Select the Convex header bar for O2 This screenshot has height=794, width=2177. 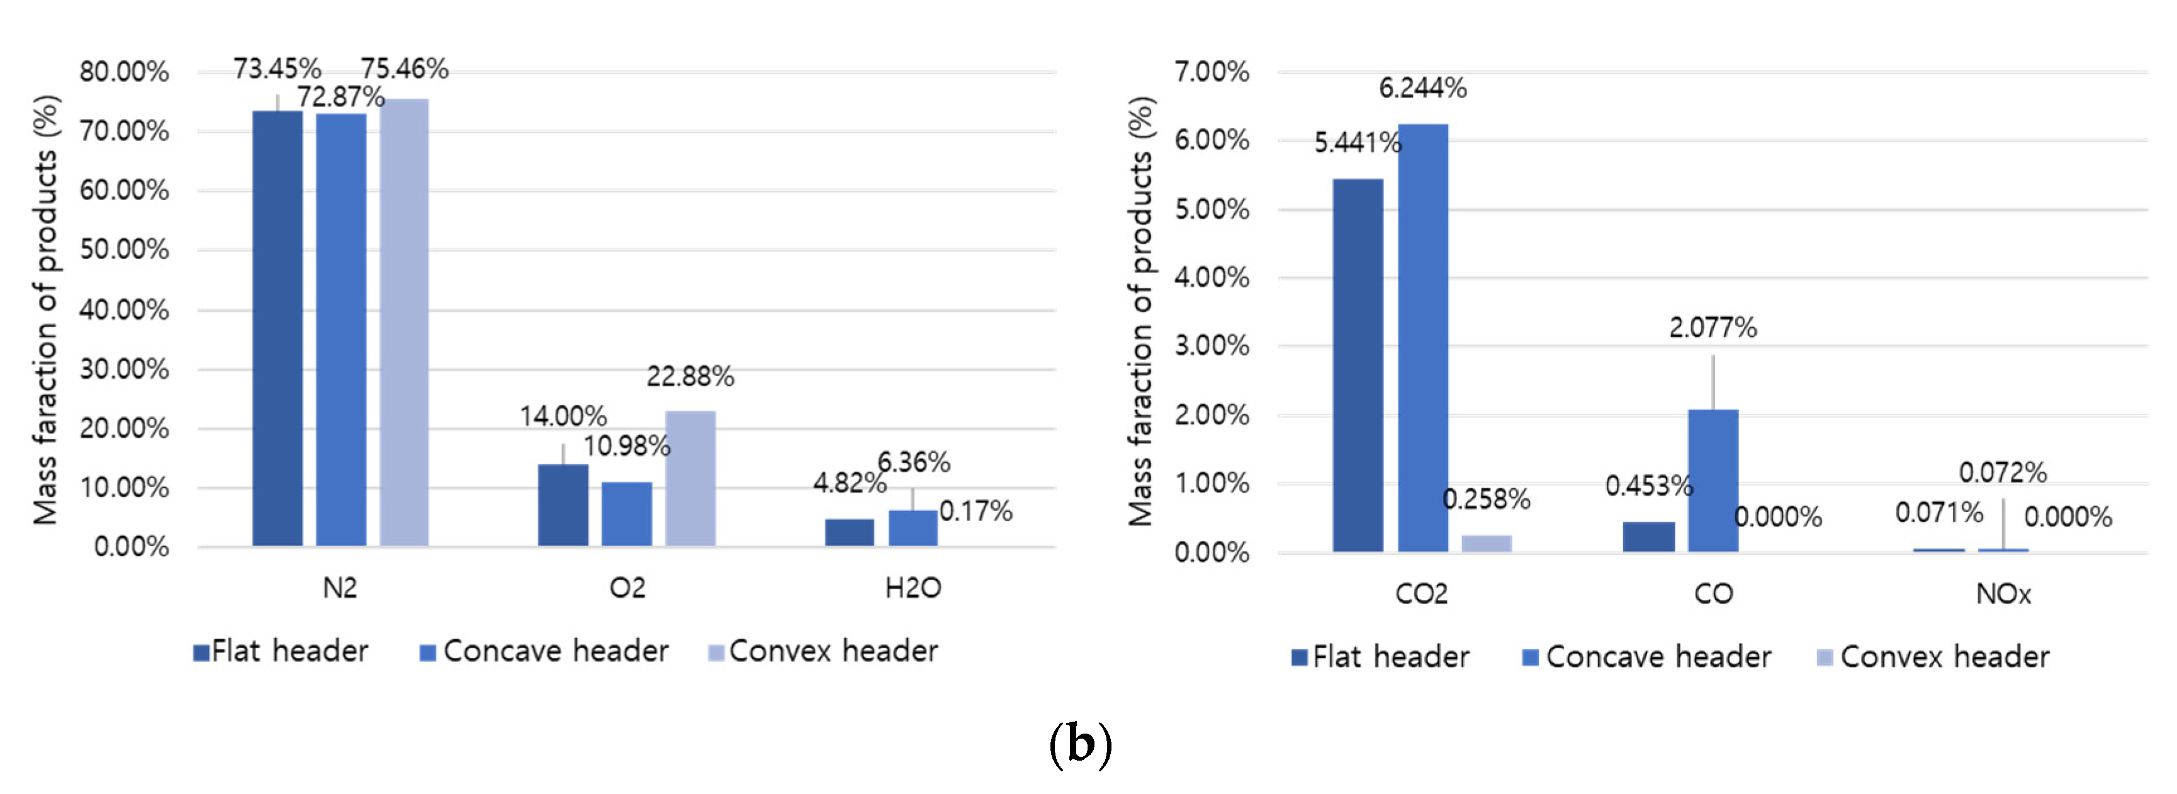click(690, 478)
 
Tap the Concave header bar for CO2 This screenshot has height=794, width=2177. click(1422, 338)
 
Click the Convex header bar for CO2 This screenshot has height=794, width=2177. click(1487, 543)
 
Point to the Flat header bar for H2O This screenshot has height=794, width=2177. click(849, 532)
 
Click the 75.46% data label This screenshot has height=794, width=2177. click(405, 69)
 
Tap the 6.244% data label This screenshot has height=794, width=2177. click(1422, 88)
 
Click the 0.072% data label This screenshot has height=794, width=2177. click(2002, 472)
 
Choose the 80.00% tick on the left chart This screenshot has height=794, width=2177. click(124, 72)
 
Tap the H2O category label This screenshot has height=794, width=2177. click(913, 587)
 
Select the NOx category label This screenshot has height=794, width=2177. click(2002, 594)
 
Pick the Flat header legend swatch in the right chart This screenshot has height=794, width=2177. click(1299, 658)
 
